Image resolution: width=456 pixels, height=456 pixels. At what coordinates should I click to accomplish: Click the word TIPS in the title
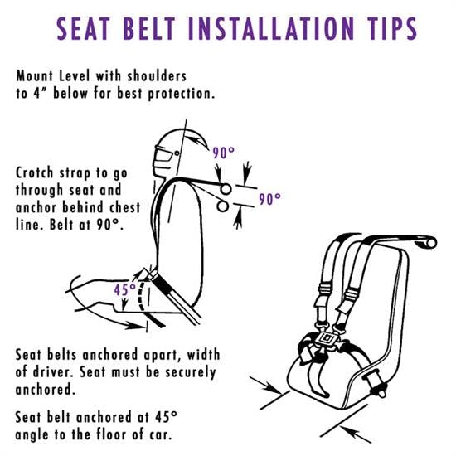[390, 28]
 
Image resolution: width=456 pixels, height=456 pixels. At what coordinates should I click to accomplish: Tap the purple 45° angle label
[124, 289]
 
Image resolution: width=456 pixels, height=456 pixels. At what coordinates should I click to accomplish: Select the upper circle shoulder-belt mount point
[226, 189]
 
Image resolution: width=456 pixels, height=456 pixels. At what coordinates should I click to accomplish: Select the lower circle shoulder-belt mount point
[222, 206]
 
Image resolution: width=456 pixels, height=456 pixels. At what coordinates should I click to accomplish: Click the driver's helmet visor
[162, 158]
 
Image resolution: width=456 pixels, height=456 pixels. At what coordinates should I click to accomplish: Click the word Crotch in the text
[35, 172]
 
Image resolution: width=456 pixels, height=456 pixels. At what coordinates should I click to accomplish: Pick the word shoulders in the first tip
[157, 76]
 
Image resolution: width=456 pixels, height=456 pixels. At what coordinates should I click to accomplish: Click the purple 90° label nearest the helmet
[223, 153]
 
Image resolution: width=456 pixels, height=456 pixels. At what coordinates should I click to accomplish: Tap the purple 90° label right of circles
[269, 199]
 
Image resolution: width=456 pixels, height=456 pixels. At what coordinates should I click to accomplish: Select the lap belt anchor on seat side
[376, 384]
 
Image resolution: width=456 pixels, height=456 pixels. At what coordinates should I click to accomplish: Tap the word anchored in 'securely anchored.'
[45, 390]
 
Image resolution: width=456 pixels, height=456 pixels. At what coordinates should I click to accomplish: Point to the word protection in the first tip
[182, 94]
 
